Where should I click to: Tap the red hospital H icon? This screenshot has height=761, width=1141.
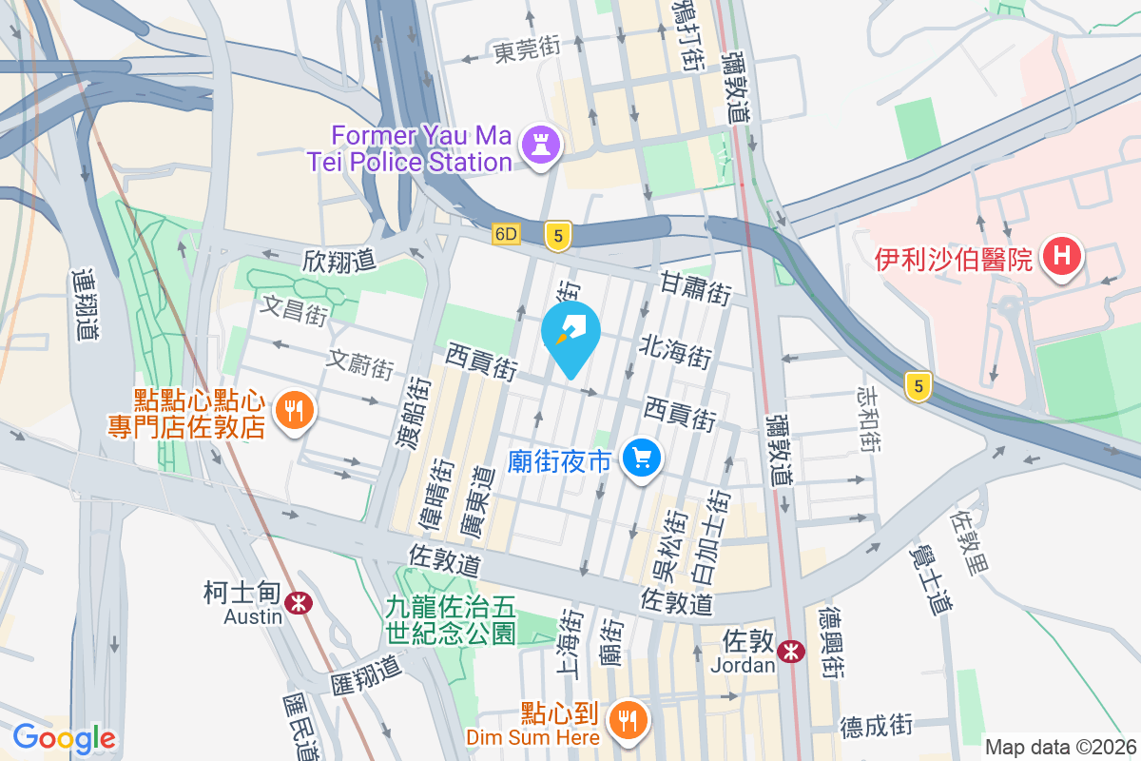pos(1059,257)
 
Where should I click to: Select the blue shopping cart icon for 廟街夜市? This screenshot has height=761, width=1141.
pos(641,459)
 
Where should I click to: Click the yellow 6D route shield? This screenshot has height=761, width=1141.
pos(507,234)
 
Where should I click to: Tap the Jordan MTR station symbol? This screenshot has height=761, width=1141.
pos(789,652)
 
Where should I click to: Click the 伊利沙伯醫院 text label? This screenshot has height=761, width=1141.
pos(953,259)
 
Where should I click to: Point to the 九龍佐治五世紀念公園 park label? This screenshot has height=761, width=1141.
pos(451,619)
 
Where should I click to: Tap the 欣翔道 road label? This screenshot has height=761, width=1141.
pos(339,259)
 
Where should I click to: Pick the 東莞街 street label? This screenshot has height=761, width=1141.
pos(526,50)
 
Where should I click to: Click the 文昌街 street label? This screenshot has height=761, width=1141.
pos(295,309)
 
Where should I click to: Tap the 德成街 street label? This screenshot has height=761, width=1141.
pos(875,727)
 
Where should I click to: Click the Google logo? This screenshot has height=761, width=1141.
pos(64,738)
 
